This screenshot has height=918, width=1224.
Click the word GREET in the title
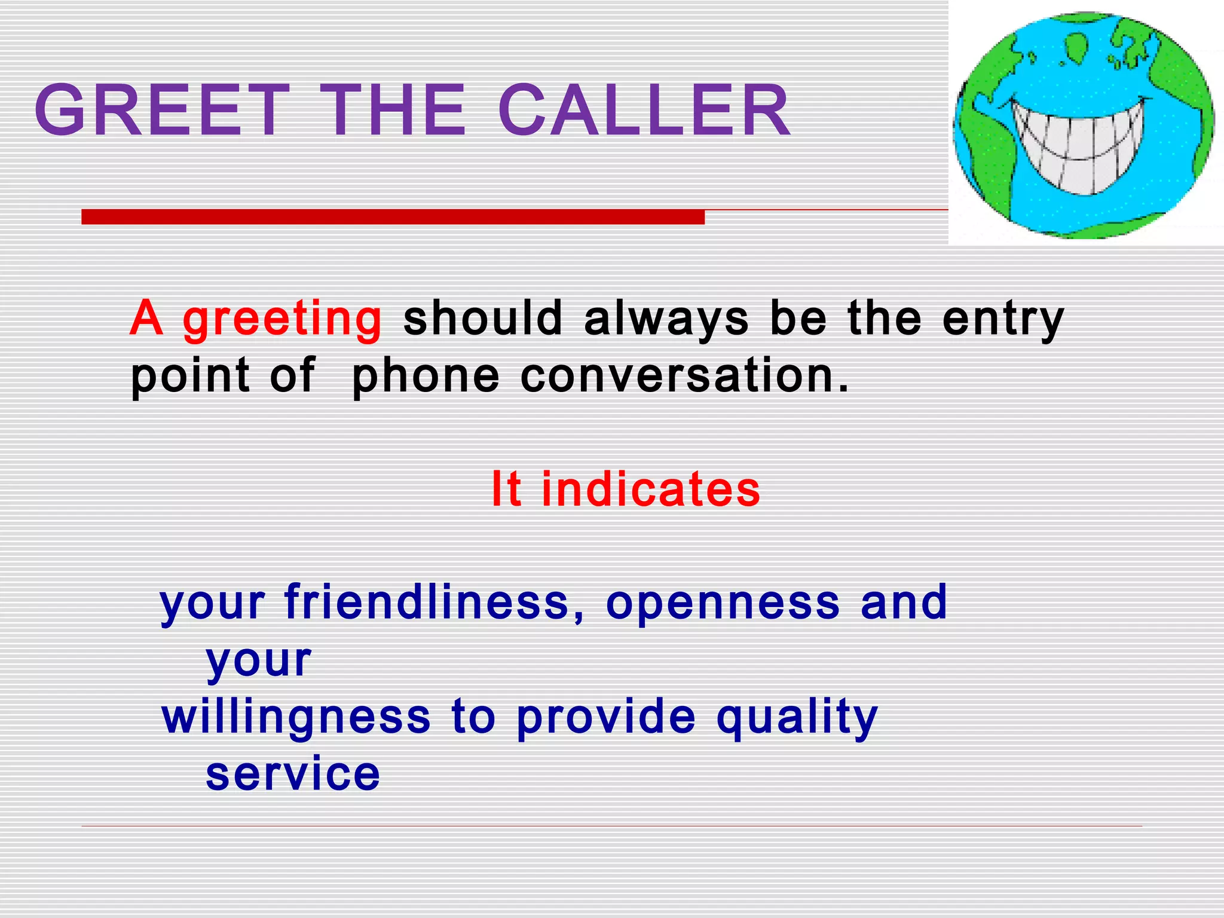(x=161, y=111)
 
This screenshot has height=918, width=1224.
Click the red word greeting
(x=282, y=320)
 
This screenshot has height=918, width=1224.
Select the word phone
(x=426, y=377)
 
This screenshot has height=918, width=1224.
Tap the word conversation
(x=684, y=377)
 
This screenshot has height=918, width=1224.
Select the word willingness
(x=296, y=717)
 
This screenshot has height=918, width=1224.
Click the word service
(x=293, y=773)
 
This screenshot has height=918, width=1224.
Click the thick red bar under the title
(x=393, y=216)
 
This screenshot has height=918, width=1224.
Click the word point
(x=190, y=377)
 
